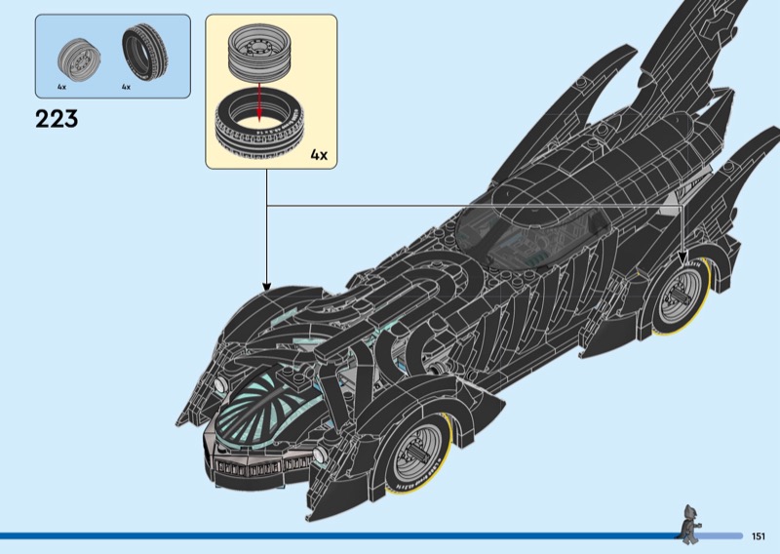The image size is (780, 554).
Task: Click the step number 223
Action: point(57,119)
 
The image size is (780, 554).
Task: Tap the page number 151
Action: point(759,536)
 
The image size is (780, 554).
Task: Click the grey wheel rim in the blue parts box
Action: point(79,59)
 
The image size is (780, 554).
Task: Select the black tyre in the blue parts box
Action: point(143,52)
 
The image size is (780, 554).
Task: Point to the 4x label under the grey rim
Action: point(61,87)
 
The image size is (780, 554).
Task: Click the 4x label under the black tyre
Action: point(127,87)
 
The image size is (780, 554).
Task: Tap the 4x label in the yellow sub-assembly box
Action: point(319,155)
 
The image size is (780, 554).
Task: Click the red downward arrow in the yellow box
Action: point(258,102)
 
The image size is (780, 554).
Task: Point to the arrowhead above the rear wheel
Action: point(682,257)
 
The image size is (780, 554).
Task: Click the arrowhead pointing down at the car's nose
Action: point(266,287)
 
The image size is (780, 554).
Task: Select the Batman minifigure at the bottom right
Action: point(690,524)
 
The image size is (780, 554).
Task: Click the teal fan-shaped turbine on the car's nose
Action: point(253,412)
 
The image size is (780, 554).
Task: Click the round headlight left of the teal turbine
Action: point(220,383)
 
